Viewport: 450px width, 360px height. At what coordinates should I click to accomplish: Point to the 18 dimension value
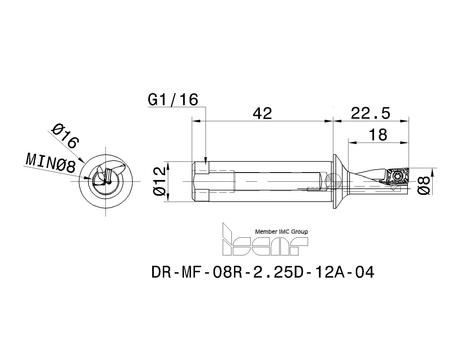click(378, 135)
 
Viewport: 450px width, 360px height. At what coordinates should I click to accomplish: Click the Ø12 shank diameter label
click(160, 182)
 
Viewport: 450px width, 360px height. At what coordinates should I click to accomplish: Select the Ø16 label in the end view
click(65, 136)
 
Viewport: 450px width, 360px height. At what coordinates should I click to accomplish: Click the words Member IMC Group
click(282, 231)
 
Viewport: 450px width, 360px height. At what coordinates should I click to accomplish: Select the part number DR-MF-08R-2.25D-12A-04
click(262, 273)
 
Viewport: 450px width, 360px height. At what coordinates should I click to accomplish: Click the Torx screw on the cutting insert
click(396, 176)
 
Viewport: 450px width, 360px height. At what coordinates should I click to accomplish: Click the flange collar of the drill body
click(335, 182)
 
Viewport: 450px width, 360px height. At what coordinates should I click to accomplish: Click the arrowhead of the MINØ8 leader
click(88, 178)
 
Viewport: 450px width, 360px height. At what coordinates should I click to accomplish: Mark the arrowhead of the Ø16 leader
click(82, 160)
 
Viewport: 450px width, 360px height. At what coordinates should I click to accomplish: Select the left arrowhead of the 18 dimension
click(353, 143)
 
